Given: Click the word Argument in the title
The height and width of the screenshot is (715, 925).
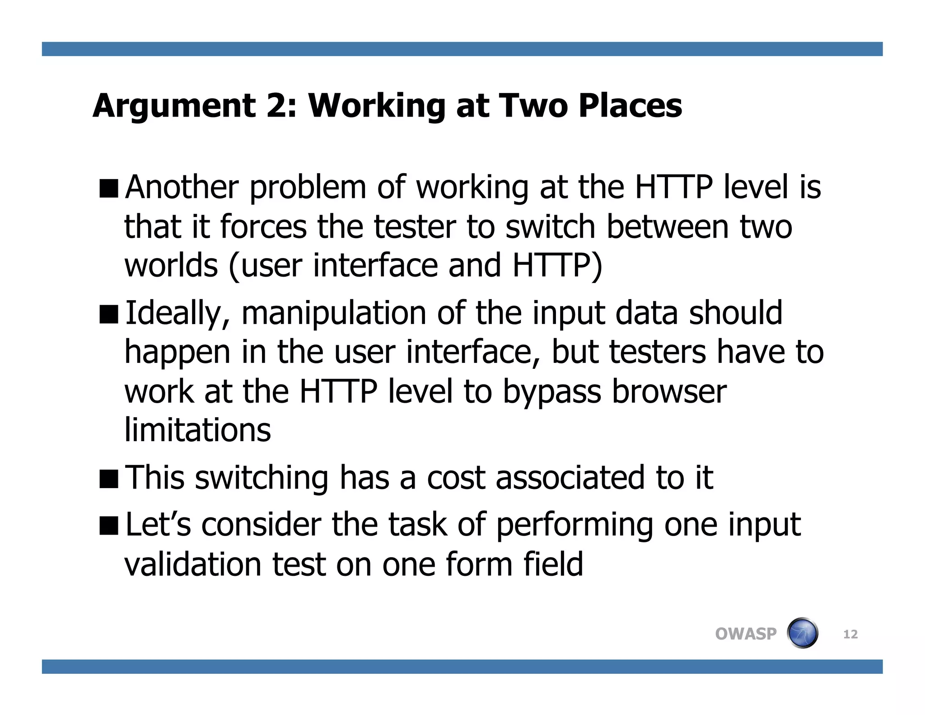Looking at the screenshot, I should click(x=174, y=106).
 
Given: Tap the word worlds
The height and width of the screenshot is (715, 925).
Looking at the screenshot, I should click(x=171, y=265).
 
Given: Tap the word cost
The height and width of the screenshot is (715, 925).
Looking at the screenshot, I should click(x=456, y=479).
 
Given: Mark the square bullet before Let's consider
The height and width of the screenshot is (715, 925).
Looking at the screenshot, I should click(x=108, y=526).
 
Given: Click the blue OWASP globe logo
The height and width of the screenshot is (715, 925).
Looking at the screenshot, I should click(x=803, y=633).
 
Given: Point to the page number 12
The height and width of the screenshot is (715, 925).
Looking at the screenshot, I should click(x=850, y=634).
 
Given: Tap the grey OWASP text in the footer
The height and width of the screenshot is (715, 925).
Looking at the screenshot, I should click(x=746, y=634).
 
